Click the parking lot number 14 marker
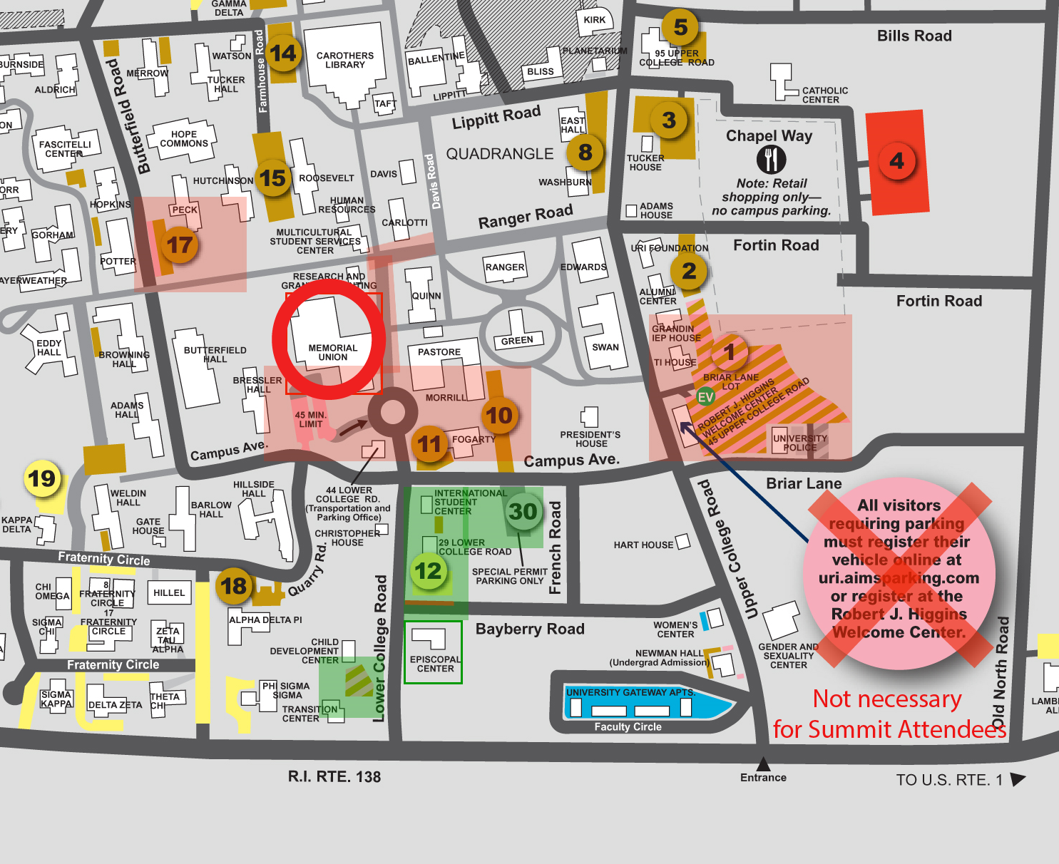[283, 53]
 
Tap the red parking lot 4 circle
[896, 161]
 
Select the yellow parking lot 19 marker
[42, 478]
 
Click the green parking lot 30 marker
[523, 512]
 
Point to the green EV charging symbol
[705, 397]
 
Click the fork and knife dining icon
[771, 160]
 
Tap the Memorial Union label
[333, 352]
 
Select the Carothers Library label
[345, 60]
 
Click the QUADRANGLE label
[499, 154]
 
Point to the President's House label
[590, 439]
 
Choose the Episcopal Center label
[435, 664]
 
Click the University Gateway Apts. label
[630, 692]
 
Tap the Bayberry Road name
[530, 629]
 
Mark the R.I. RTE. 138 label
[334, 776]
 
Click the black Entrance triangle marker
[763, 764]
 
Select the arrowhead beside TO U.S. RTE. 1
[1018, 779]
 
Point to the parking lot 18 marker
[234, 586]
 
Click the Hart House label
[643, 545]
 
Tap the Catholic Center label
[825, 95]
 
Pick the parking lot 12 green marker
[429, 571]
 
